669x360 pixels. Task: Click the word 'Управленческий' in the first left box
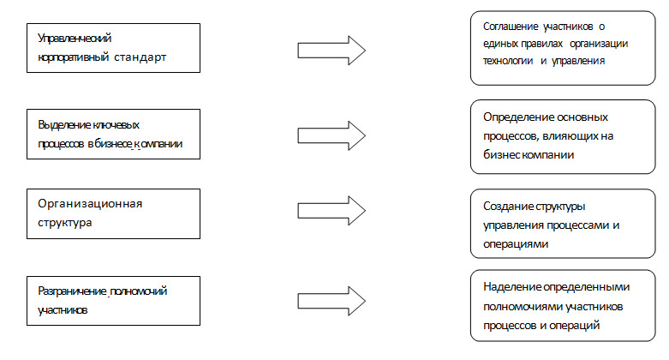click(x=75, y=39)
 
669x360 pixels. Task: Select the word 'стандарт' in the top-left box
click(x=140, y=57)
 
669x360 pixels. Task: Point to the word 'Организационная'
click(x=90, y=204)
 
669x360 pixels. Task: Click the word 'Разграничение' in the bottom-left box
click(x=72, y=291)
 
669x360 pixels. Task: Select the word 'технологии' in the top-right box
click(x=508, y=61)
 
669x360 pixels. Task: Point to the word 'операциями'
click(x=516, y=244)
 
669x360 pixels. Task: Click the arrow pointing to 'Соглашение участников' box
click(x=332, y=51)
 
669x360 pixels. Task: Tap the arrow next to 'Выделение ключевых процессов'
click(x=332, y=135)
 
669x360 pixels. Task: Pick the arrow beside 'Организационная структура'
click(x=332, y=211)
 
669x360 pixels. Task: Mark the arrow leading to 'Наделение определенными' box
click(x=332, y=301)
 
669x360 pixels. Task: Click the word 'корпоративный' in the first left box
click(x=74, y=57)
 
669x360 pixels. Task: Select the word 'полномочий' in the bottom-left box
click(x=139, y=291)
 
